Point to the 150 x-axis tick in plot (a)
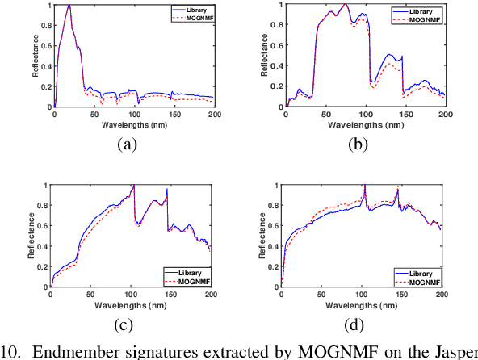point(174,115)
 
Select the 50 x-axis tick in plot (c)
point(90,296)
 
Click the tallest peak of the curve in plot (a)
point(69,6)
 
